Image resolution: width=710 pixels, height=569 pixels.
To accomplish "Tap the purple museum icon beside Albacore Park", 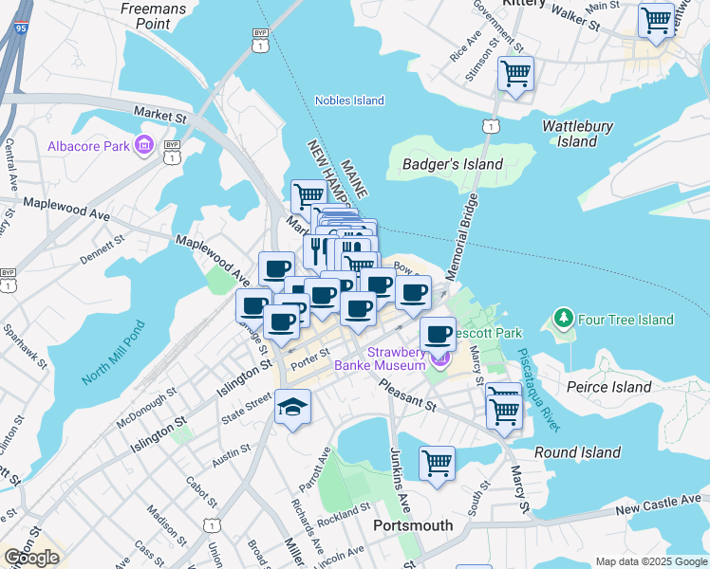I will (x=145, y=146).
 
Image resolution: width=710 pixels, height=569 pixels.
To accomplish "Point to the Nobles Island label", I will (x=349, y=101).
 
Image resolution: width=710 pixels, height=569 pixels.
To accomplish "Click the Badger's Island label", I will (x=453, y=164).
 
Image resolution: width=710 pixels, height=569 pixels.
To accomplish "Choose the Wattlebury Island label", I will (x=577, y=134).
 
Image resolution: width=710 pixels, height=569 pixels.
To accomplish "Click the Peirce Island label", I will (x=608, y=387).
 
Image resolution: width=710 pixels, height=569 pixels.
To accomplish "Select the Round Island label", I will (x=576, y=452).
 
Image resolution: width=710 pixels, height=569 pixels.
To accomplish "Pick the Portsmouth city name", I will (x=413, y=524).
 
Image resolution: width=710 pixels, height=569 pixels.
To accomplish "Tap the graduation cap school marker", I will (x=292, y=409).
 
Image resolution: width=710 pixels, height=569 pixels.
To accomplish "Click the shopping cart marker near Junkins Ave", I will (x=437, y=464).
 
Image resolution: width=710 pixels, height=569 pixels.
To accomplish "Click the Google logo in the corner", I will (x=31, y=558).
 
